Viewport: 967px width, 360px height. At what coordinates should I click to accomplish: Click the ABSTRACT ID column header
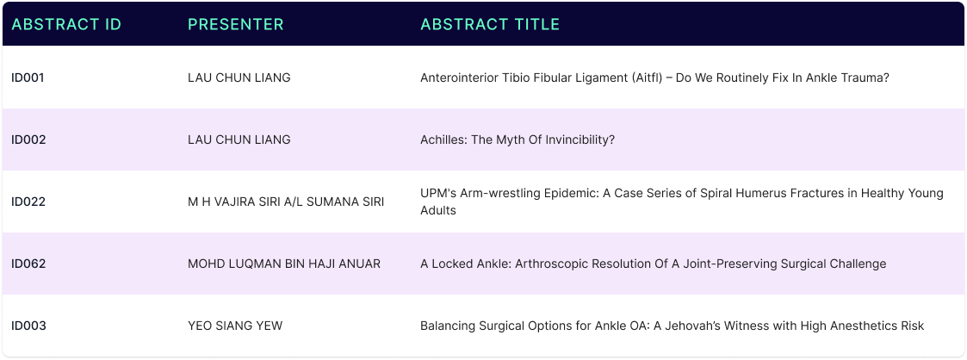point(66,24)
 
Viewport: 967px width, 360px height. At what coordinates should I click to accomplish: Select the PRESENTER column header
point(236,24)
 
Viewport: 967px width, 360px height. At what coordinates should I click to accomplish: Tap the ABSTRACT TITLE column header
point(490,24)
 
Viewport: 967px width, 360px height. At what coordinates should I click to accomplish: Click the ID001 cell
point(28,78)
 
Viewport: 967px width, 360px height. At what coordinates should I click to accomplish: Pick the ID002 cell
point(28,140)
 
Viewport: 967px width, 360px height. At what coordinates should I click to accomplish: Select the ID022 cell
point(28,202)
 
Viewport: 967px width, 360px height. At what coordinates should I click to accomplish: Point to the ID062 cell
point(28,264)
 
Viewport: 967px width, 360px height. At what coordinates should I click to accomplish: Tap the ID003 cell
point(28,326)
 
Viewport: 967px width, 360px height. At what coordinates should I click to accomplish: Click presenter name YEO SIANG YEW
point(235,326)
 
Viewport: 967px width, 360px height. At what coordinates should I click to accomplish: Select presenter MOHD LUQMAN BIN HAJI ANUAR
point(284,264)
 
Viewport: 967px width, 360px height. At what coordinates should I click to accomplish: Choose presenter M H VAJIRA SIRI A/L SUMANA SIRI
point(286,202)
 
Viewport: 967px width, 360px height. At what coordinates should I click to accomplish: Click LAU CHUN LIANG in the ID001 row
point(239,78)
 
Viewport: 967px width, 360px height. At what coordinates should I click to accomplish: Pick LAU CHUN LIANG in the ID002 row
point(239,140)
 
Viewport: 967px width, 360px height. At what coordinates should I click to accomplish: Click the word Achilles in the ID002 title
point(444,140)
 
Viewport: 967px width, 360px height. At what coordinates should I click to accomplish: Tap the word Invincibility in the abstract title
point(580,140)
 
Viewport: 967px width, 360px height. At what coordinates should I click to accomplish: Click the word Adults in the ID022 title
point(438,210)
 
